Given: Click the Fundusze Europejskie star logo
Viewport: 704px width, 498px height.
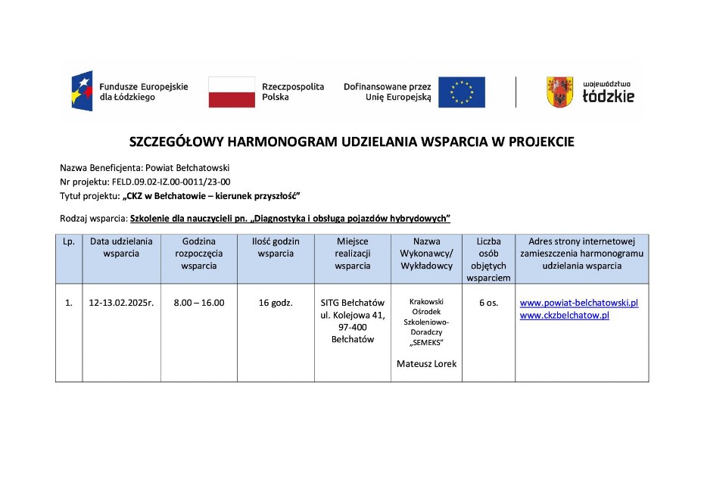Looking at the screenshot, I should [83, 92].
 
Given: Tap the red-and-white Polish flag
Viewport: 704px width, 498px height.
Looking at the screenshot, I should [232, 92].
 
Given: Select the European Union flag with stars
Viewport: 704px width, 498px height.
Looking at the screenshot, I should [462, 92].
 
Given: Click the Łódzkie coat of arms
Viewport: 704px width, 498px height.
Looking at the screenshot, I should [559, 92].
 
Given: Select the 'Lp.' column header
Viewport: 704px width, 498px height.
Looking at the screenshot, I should [69, 241].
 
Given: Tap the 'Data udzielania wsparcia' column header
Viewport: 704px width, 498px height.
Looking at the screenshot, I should [121, 247].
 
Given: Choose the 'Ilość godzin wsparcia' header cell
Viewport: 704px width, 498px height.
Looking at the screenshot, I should [276, 247].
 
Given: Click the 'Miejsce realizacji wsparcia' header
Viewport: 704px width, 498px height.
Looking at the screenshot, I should [353, 254].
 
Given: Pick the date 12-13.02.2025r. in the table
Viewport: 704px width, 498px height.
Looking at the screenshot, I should [121, 303].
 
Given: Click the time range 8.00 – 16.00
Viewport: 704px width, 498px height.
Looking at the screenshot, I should [198, 303].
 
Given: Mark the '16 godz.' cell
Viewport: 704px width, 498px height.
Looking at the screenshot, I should [276, 303].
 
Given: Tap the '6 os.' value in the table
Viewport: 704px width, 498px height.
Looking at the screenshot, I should [488, 303].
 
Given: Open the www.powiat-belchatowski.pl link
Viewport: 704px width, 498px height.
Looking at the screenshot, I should [579, 303].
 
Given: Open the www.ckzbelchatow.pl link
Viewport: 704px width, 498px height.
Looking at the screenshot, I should [565, 315].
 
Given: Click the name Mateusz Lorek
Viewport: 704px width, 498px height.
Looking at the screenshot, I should [426, 363].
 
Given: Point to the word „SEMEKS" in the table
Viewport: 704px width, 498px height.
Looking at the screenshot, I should [426, 342].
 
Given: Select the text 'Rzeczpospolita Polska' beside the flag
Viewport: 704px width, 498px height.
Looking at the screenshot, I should [292, 92].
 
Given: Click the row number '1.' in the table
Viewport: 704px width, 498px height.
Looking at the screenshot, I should [69, 303].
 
